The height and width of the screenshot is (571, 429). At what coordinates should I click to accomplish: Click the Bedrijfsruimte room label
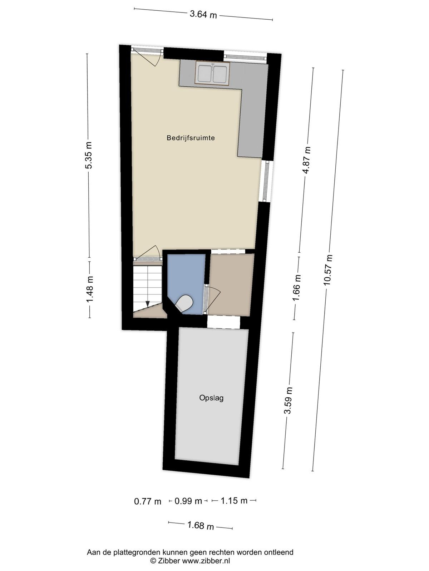point(191,138)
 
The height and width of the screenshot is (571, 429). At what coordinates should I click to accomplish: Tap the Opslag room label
point(211,398)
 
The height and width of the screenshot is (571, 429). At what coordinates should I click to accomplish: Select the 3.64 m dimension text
point(203,14)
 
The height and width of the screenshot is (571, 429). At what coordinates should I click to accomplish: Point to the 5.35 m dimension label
point(89,155)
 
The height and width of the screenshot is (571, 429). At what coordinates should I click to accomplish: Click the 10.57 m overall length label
point(329,270)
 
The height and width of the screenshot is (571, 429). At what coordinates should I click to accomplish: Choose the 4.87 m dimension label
point(307,160)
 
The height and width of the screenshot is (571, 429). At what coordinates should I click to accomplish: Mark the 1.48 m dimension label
point(90,289)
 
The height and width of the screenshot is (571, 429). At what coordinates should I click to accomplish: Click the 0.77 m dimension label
point(148,501)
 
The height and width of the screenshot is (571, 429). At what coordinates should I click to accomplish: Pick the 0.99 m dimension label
point(188,501)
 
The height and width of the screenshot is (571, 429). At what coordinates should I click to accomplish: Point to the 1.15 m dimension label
point(234,500)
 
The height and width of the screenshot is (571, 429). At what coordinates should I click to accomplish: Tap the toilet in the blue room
point(184,303)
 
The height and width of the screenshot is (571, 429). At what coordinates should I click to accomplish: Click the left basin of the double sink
point(205,74)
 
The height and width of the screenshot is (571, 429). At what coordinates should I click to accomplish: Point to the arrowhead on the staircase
point(148,304)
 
